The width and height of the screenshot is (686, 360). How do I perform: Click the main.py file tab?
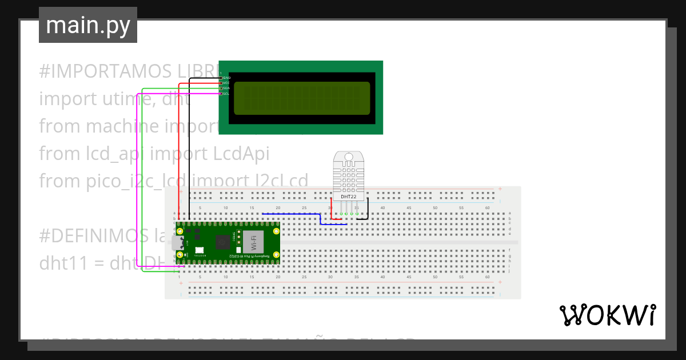87,25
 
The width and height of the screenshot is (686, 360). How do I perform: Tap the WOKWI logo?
607,315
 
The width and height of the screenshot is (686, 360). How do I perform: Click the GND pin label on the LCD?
226,77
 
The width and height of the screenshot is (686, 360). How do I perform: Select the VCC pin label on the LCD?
226,83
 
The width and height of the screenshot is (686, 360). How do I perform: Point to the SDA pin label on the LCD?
226,88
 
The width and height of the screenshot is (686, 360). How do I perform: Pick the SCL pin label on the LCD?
226,94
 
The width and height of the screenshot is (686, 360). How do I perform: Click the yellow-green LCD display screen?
302,97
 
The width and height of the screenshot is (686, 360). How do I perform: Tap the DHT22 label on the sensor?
349,197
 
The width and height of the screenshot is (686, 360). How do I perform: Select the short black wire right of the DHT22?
368,207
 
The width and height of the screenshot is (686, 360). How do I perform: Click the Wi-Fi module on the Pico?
250,243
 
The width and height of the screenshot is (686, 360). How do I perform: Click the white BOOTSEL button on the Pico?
200,250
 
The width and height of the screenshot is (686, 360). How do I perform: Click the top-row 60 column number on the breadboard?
487,207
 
